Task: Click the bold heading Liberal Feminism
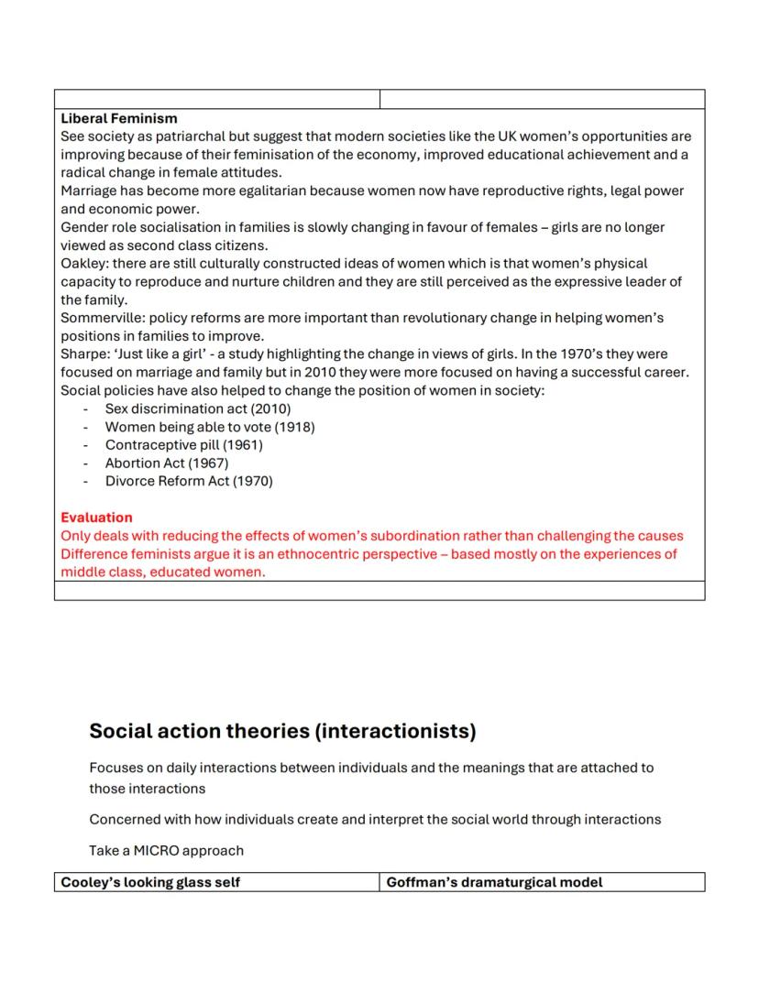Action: pos(119,118)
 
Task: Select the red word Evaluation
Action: pos(96,518)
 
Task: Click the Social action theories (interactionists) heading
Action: pos(282,731)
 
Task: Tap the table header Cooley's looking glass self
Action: pos(150,882)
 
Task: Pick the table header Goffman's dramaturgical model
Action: pos(495,882)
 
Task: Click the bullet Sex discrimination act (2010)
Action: pos(190,409)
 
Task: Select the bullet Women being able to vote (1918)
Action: pos(210,427)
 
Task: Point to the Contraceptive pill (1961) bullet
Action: pos(183,445)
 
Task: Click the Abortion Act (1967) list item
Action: pos(167,463)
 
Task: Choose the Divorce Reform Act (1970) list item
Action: pos(189,481)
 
